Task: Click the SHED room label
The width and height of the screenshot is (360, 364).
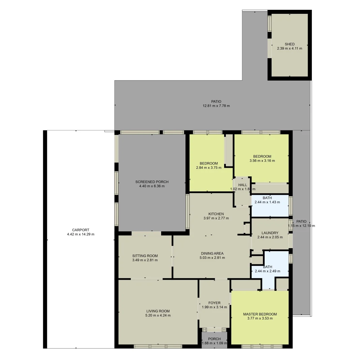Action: [x=290, y=44]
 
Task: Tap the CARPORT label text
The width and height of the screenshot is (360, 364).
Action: [x=81, y=230]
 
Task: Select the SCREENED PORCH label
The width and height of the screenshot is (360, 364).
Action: [x=152, y=182]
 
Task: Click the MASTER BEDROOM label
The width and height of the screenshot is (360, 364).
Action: [x=260, y=314]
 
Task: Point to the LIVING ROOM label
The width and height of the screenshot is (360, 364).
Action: [x=158, y=311]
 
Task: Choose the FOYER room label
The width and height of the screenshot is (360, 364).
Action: [x=214, y=303]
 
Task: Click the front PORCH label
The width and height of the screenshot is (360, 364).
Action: [x=214, y=339]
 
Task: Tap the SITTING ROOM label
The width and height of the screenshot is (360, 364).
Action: [x=145, y=256]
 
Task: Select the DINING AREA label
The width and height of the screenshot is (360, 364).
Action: [x=212, y=253]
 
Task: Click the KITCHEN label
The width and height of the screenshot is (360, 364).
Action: [x=216, y=214]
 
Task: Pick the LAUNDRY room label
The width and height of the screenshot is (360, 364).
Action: [x=270, y=233]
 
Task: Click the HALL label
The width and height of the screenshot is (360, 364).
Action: [x=243, y=185]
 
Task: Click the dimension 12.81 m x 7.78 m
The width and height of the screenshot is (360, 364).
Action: [x=216, y=106]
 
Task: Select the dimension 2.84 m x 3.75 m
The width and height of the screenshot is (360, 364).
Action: [x=209, y=168]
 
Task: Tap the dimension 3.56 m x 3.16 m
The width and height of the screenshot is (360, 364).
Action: [x=262, y=161]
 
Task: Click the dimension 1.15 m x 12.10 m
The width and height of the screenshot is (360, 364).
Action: [x=301, y=226]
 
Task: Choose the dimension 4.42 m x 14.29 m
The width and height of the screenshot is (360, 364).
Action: [x=81, y=234]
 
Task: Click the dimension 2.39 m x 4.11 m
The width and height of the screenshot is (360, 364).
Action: [x=290, y=48]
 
